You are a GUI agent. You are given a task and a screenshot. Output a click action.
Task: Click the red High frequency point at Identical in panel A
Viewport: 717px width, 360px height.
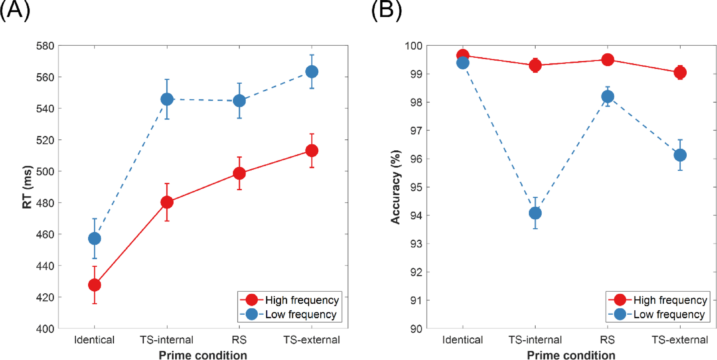click(95, 285)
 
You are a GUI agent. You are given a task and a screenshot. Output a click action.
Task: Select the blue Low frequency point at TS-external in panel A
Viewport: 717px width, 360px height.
click(311, 72)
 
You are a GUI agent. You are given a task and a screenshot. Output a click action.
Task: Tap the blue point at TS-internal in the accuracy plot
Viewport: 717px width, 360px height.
click(535, 213)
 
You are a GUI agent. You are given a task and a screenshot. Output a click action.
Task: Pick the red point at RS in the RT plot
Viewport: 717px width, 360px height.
click(239, 173)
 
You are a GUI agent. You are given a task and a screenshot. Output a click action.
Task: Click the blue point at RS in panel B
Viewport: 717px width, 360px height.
click(607, 97)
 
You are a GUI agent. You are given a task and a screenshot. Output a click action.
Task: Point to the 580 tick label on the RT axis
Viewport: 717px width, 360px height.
click(45, 46)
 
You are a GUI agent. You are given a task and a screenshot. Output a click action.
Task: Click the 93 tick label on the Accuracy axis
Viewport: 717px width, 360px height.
click(416, 244)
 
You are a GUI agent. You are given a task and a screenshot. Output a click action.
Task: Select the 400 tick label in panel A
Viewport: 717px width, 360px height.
click(45, 329)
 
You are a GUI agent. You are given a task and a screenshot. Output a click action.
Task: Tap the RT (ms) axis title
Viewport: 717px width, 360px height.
click(27, 187)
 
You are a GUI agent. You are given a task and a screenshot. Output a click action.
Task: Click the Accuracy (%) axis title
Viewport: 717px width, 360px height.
click(395, 187)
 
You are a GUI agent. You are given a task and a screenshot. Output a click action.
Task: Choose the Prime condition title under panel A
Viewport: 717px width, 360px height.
click(203, 355)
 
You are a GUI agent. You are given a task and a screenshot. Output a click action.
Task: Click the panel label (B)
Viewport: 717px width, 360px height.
click(386, 10)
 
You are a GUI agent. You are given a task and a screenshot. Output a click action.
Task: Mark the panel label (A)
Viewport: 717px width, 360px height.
click(15, 10)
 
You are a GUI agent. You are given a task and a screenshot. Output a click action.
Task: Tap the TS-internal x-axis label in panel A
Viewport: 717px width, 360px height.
click(166, 340)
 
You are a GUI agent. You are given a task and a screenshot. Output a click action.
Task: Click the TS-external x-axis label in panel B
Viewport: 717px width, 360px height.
click(679, 340)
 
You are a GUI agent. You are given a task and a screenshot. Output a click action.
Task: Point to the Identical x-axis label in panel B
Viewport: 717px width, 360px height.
click(462, 340)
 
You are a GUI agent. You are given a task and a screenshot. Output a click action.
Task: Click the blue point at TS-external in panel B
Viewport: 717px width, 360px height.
click(680, 155)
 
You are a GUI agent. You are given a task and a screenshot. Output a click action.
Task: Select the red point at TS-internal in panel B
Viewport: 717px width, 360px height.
click(535, 65)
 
